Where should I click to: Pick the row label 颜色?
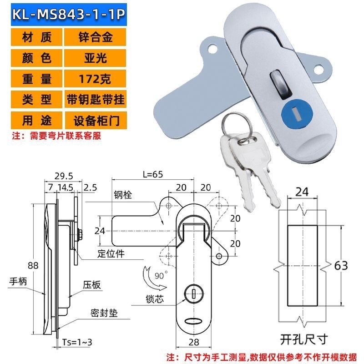37,58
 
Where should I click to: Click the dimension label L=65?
152,174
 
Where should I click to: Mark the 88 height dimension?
40,265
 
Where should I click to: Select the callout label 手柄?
18,282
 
